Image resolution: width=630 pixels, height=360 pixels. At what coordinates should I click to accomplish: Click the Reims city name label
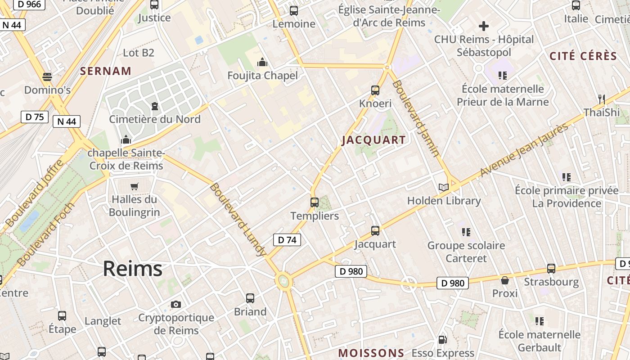[132, 269]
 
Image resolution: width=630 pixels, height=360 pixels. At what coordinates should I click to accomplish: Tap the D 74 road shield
[287, 240]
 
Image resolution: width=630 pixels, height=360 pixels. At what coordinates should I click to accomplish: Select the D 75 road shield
[35, 117]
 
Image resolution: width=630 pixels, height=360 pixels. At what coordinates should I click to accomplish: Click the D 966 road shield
[28, 4]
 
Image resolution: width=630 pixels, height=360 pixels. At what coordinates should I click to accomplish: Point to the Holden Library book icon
[444, 187]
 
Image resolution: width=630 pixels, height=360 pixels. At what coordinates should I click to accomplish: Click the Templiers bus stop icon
[315, 202]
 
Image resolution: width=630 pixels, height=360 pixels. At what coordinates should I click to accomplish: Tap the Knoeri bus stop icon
[375, 90]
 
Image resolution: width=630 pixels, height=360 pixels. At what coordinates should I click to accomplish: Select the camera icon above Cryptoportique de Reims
[176, 304]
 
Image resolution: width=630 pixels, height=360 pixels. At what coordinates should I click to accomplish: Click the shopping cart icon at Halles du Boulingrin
[134, 186]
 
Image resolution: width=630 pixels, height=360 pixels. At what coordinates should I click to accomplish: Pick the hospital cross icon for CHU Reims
[484, 26]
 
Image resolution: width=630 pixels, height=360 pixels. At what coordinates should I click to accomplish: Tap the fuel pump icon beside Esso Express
[443, 340]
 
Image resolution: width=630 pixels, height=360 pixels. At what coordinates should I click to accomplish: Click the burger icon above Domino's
[47, 76]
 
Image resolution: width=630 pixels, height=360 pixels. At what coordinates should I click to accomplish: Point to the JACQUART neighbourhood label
[373, 140]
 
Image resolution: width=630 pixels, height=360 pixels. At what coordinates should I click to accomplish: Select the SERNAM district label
[106, 71]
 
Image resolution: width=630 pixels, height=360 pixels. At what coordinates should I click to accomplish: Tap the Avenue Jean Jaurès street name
[524, 150]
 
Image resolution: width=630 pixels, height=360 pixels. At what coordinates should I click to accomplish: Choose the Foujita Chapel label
[263, 76]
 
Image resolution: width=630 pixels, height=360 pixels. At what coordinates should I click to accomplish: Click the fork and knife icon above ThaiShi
[601, 99]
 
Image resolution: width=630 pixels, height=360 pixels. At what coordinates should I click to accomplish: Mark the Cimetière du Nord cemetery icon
[155, 106]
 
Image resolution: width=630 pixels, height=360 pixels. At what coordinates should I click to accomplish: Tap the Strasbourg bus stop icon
[551, 269]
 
